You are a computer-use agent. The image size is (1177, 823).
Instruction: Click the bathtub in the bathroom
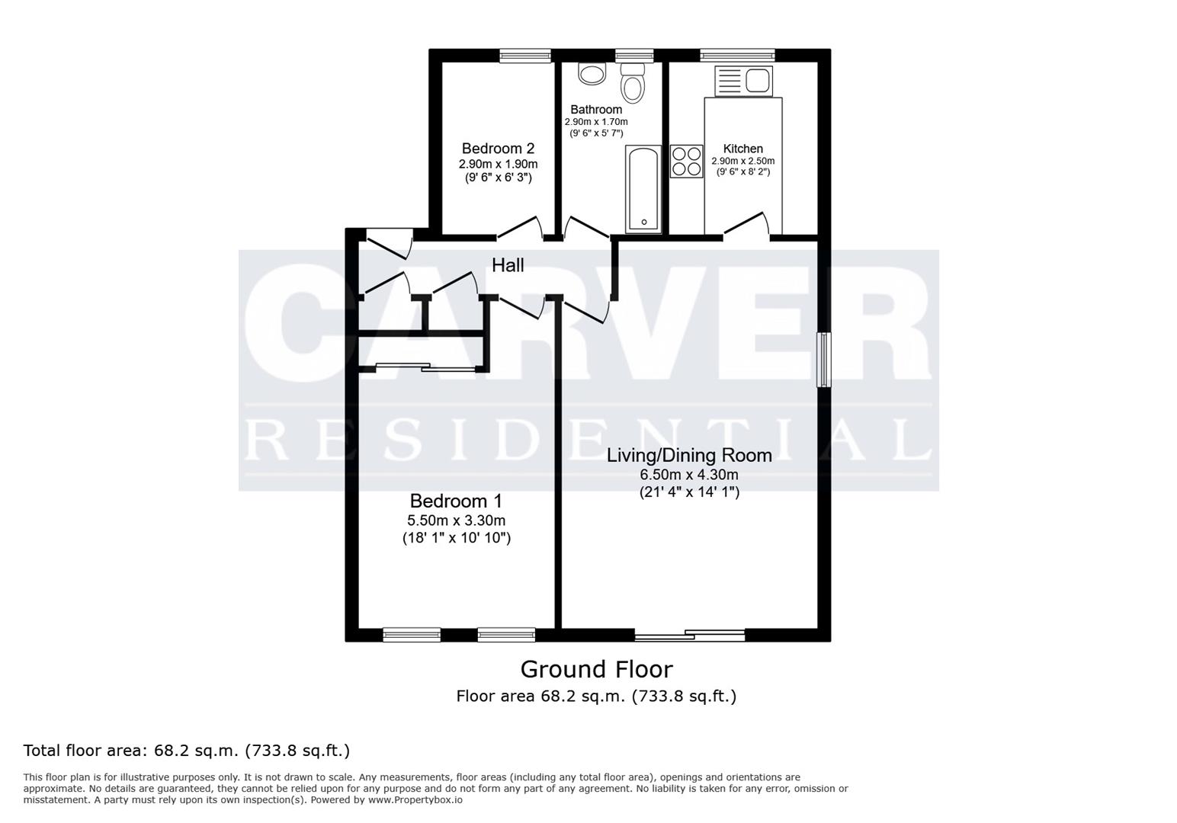point(643,188)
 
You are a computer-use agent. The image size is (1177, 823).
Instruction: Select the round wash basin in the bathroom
point(592,73)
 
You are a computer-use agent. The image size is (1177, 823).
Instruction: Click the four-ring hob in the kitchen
point(687,162)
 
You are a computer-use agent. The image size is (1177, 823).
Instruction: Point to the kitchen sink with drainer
point(743,82)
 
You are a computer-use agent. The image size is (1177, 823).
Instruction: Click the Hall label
point(508,265)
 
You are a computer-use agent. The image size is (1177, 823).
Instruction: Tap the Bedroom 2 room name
point(498,148)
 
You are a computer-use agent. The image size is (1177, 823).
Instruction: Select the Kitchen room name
point(743,149)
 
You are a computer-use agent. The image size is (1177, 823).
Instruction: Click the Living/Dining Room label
point(689,456)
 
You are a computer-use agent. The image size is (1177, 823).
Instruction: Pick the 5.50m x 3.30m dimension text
point(456,520)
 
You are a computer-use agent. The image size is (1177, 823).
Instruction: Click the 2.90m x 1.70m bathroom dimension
point(596,122)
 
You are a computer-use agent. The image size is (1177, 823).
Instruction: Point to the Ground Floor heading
point(596,670)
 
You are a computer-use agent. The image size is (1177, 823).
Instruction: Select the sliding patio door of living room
point(689,635)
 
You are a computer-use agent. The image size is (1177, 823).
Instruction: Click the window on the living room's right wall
point(824,359)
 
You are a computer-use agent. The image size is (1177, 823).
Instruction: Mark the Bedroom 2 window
point(525,56)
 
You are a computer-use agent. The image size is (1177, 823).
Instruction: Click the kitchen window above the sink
point(737,55)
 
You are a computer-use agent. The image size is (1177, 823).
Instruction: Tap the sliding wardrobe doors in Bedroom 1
point(425,367)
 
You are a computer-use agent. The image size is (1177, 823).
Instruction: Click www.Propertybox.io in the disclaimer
point(415,800)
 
